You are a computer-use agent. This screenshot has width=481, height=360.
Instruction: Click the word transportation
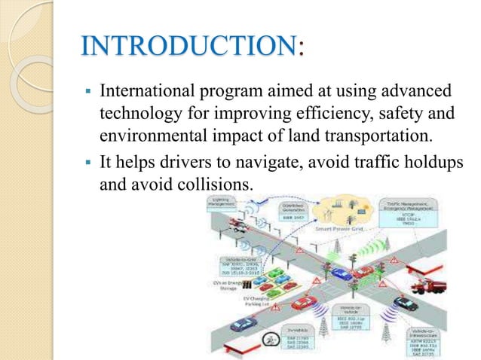(x=375, y=136)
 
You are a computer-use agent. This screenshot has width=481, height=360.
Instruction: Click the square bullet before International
(x=87, y=93)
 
